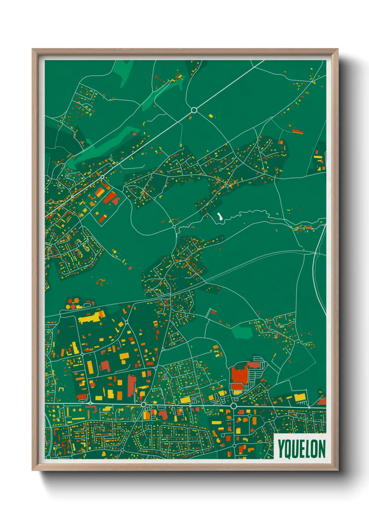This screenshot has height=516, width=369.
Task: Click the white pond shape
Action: tap(219, 217)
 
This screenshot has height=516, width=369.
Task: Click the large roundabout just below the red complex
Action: tap(233, 406)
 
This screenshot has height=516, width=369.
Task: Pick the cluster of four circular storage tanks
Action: tap(73, 304)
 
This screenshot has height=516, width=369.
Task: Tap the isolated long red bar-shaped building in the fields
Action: tap(297, 131)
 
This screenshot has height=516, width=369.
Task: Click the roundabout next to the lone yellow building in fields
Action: tap(194, 110)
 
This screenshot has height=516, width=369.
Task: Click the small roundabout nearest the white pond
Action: tap(174, 227)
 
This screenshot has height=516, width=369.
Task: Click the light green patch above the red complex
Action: tap(242, 333)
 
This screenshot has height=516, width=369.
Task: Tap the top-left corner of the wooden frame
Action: tap(33, 50)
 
